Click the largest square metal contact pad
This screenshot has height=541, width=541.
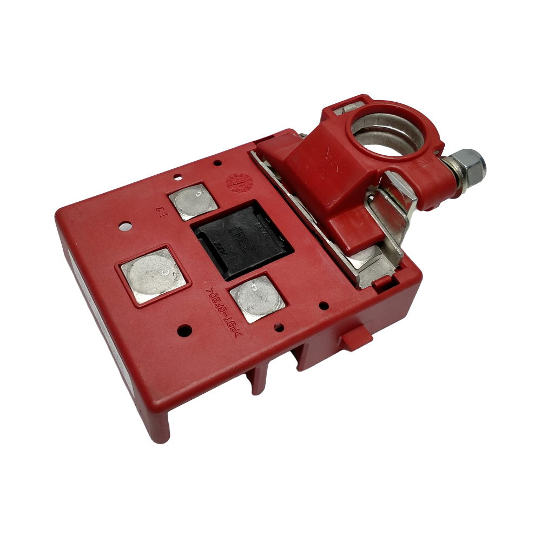[155, 276]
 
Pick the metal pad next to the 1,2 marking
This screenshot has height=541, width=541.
[193, 202]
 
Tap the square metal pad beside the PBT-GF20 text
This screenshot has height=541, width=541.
[257, 298]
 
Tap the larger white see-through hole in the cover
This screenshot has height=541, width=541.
[126, 226]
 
